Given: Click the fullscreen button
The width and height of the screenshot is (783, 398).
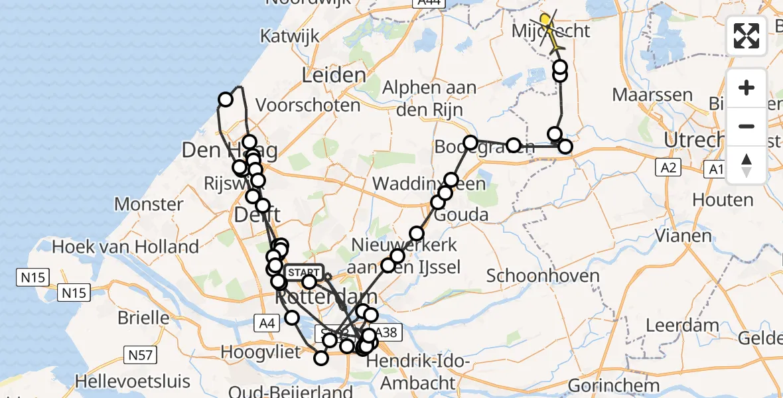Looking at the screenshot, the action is pos(747,36).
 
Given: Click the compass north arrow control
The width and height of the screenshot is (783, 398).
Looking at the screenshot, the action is pos(747,165).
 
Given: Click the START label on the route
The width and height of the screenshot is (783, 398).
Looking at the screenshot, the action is pos(304,273).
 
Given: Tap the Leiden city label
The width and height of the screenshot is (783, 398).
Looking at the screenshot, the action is pos(334,75).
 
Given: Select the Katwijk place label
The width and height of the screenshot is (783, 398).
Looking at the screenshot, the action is pos(287,35).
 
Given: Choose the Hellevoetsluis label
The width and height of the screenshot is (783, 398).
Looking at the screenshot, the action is pos(133,382).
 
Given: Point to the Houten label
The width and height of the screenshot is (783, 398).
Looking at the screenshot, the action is pos(723,200).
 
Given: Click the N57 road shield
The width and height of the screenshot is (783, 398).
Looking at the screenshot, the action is pos(141,356).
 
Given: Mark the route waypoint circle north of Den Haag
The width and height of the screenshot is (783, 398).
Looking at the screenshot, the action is pos(226,99).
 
